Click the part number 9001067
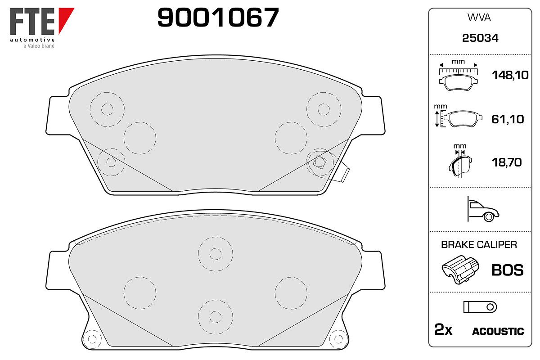click(x=218, y=17)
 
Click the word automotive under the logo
click(x=32, y=40)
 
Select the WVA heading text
click(x=479, y=18)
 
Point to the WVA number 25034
click(x=480, y=38)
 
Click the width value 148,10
click(x=510, y=75)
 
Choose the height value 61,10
click(x=508, y=119)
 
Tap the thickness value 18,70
click(x=507, y=162)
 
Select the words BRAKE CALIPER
click(x=479, y=245)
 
